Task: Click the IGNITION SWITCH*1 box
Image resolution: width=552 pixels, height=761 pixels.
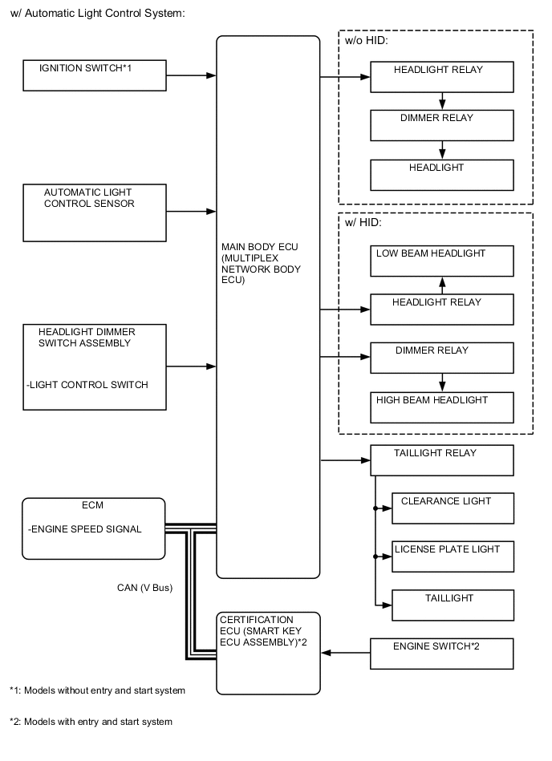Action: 94,75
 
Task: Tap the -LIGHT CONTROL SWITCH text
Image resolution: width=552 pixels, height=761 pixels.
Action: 87,385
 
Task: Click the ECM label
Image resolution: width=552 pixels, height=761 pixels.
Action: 92,506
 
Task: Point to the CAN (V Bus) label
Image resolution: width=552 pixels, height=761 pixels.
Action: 144,588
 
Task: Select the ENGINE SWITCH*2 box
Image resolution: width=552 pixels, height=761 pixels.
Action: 441,653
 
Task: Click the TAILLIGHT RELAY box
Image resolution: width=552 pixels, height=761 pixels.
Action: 441,460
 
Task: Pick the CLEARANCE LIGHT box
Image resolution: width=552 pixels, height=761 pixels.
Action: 453,508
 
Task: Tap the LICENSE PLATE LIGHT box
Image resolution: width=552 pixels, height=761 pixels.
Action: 453,557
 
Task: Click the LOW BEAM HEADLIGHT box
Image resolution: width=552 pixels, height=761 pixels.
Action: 441,261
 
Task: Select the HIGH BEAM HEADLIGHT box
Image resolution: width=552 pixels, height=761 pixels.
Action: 441,407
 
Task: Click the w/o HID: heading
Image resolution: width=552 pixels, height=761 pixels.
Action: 367,41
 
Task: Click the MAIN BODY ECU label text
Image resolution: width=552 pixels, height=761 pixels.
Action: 261,264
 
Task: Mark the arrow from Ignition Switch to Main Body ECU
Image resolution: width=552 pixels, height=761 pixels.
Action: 191,75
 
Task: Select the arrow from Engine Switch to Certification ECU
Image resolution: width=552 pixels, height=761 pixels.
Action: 345,653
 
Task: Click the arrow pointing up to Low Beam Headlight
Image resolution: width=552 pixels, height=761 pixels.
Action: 441,285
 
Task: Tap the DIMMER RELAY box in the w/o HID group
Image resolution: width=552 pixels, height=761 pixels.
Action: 441,124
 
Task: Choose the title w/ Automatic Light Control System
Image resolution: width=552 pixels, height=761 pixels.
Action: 97,13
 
